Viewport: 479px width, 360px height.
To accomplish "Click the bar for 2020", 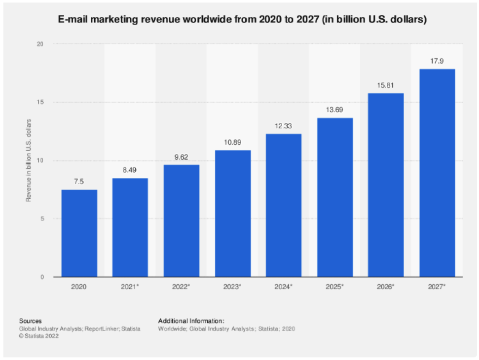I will [x=79, y=233].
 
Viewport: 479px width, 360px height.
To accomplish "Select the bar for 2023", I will [x=232, y=214].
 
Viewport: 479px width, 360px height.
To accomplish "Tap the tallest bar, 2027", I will [x=437, y=173].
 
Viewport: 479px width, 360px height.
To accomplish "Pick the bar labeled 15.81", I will [x=386, y=185].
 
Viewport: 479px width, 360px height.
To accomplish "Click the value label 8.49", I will [x=130, y=170].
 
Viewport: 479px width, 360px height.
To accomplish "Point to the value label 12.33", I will [x=284, y=126].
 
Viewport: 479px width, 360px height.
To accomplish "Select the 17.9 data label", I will [x=437, y=61].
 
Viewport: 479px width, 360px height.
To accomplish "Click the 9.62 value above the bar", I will [x=181, y=157].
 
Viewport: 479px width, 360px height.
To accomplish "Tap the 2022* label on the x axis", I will [x=181, y=286].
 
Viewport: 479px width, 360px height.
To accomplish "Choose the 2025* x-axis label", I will [x=334, y=286].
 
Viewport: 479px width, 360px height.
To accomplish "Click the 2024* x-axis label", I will [x=284, y=286].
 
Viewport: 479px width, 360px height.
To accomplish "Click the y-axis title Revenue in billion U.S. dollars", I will [x=29, y=160].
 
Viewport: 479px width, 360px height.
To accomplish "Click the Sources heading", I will [x=30, y=320].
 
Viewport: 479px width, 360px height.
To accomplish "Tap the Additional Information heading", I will [x=191, y=320].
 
